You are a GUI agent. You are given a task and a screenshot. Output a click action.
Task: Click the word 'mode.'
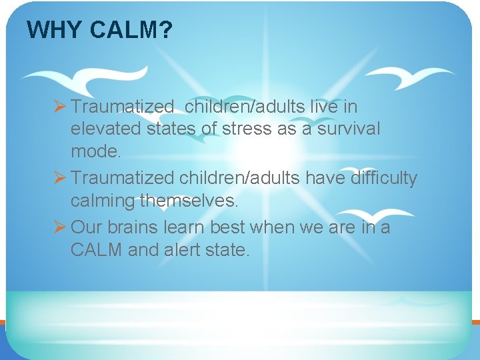[x=96, y=151]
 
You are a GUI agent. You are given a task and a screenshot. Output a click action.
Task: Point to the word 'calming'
[x=103, y=201]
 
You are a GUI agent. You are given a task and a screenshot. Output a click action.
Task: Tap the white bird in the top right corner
[x=408, y=77]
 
